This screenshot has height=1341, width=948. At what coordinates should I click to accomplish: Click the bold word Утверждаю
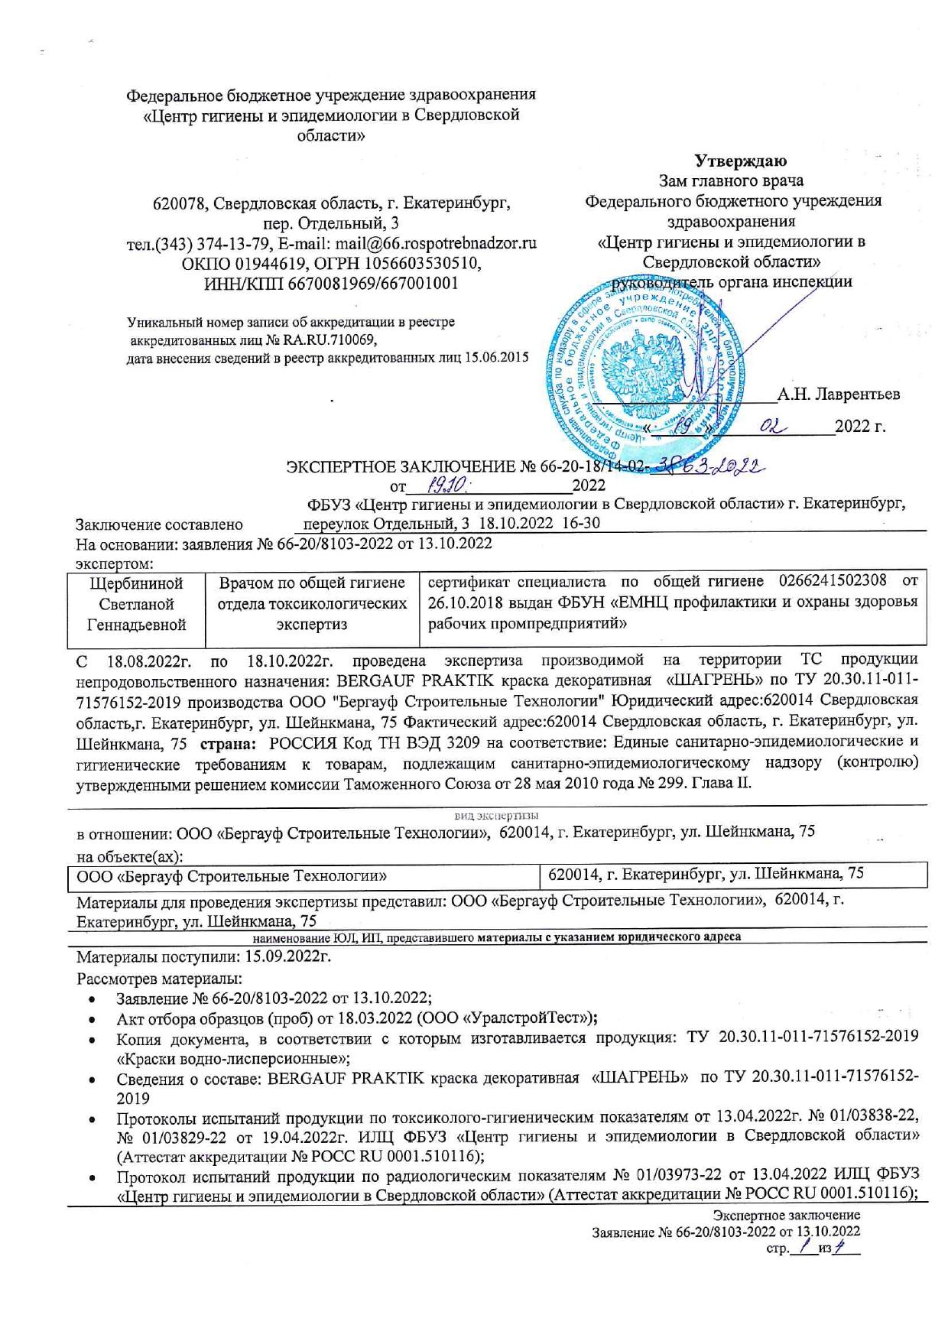click(740, 161)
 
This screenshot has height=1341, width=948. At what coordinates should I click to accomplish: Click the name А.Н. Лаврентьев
click(838, 395)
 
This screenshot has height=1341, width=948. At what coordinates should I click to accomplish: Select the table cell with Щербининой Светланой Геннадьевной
click(137, 604)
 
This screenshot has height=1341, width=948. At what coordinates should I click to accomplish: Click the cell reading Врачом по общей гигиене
click(311, 583)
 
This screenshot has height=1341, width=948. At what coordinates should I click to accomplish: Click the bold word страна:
click(227, 742)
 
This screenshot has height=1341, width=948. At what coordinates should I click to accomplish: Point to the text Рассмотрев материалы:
click(160, 979)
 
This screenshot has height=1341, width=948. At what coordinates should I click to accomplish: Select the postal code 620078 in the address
click(180, 204)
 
